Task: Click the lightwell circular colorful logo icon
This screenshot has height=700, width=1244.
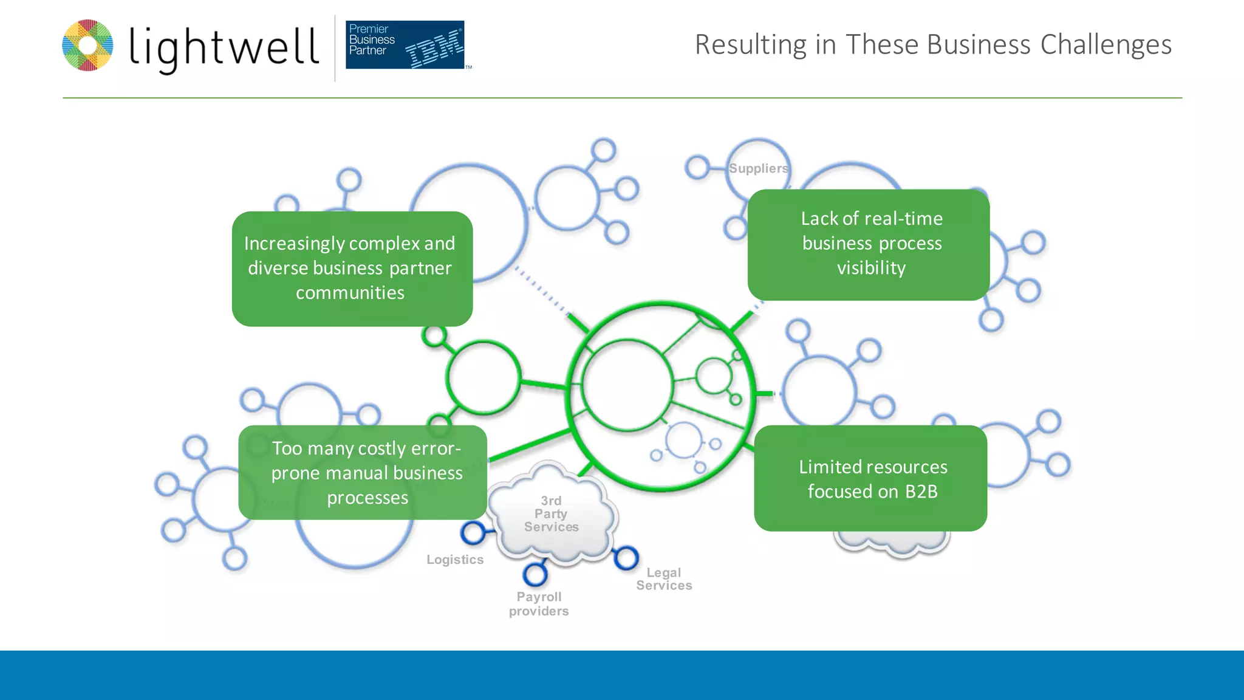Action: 87,46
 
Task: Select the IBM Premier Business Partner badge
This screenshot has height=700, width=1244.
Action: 405,45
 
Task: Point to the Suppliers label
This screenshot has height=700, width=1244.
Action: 758,168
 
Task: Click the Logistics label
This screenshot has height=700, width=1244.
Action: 455,560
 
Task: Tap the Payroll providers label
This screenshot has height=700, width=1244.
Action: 539,604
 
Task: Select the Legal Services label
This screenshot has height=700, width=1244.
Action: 664,579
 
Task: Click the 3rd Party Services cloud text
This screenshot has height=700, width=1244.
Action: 551,514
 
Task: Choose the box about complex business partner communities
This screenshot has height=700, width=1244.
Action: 352,269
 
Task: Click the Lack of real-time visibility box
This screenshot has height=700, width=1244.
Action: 869,244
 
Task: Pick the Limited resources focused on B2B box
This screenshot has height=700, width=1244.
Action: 870,478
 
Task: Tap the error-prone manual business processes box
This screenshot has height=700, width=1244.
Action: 363,473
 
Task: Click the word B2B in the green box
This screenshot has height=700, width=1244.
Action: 921,492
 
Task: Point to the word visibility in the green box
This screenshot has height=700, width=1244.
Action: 871,268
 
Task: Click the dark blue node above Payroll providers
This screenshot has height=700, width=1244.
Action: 535,574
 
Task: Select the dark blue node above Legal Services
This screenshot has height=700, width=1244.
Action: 626,558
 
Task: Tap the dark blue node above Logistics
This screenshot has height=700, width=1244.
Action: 473,533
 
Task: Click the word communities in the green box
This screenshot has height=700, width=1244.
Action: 350,293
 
